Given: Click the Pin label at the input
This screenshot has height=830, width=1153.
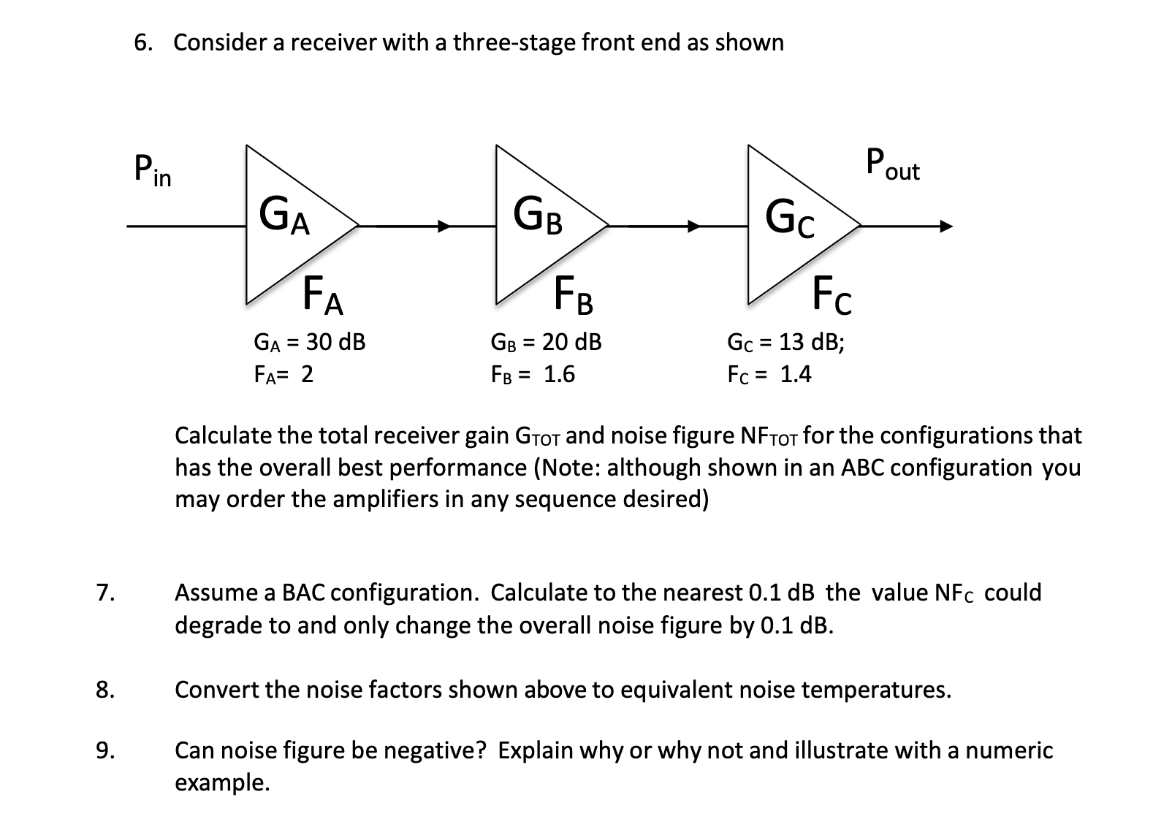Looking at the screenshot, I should [x=153, y=170].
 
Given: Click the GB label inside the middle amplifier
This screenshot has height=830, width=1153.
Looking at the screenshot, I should [x=538, y=215].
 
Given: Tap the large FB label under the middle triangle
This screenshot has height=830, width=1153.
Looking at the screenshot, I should [x=574, y=295].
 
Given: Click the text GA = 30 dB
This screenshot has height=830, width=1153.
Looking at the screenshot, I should [x=309, y=341].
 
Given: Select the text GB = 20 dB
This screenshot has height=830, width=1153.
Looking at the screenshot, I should [x=546, y=341].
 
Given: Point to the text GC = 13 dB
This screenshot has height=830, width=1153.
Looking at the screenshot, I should [x=785, y=341].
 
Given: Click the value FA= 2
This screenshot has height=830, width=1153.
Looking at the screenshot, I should [x=284, y=374].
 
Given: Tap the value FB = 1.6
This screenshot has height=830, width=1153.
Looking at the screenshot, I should [x=533, y=374].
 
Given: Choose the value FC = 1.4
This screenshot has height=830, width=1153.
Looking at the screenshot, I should [x=769, y=374].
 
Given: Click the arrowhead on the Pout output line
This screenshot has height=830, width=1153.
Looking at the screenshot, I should [x=946, y=226].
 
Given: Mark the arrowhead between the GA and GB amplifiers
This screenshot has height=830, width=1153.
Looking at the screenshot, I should [x=444, y=226].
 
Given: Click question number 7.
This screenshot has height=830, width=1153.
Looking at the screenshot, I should [x=104, y=593].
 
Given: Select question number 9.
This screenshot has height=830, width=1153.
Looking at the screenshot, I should [x=104, y=751].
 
